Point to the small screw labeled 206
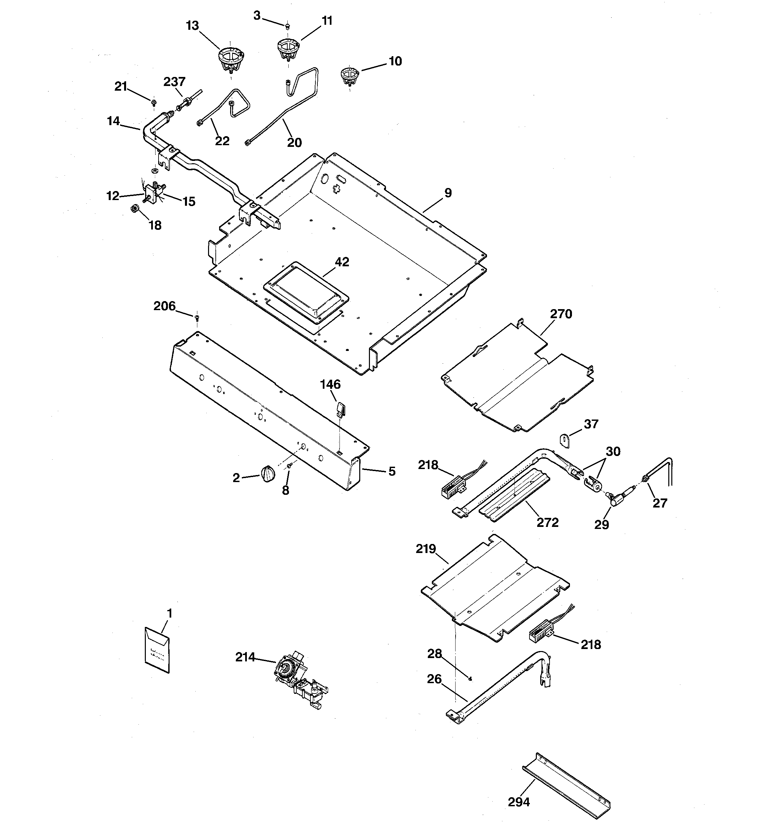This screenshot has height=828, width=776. click(197, 318)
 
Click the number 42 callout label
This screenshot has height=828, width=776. click(342, 262)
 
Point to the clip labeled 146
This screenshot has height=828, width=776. click(340, 408)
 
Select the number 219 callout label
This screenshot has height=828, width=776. click(426, 549)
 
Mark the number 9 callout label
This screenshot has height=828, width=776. click(448, 193)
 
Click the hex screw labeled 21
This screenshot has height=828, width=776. click(154, 102)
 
